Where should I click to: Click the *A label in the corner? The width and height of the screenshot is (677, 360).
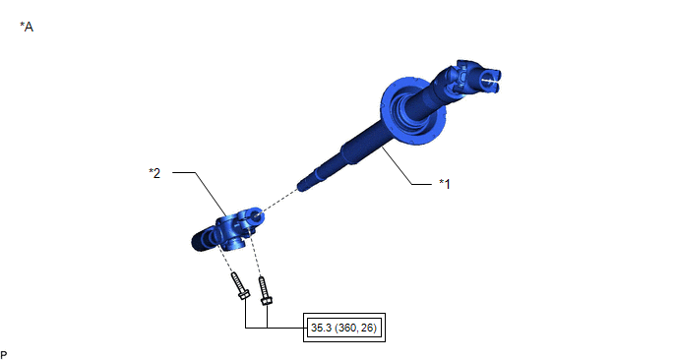(27, 27)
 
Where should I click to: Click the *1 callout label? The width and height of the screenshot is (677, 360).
(445, 184)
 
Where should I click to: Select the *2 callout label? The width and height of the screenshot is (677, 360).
(154, 173)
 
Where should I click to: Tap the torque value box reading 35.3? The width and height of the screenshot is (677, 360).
(344, 328)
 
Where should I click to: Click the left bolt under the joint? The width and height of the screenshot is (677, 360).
(240, 286)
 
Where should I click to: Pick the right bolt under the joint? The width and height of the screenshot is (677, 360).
(265, 290)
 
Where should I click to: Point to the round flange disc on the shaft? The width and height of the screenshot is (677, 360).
(413, 111)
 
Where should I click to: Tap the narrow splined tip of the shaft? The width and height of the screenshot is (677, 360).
(307, 183)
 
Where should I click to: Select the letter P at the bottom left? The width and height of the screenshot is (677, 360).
(4, 355)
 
